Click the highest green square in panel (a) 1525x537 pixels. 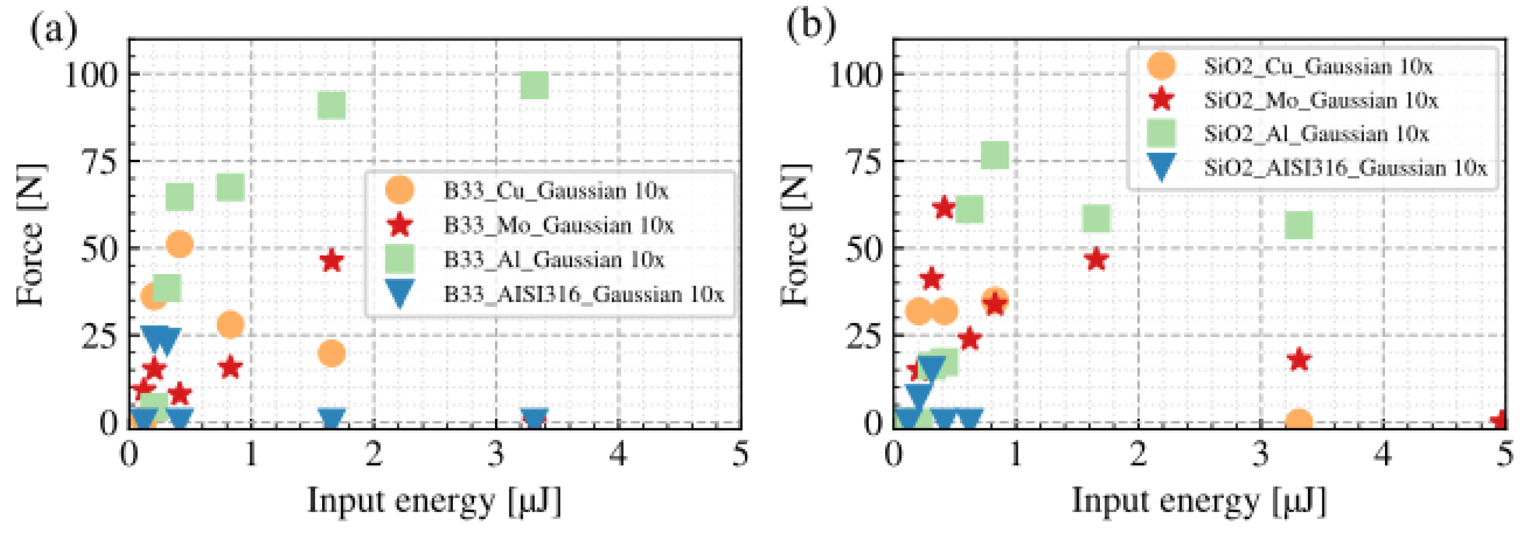pos(534,86)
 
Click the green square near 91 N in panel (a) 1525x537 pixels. pos(332,106)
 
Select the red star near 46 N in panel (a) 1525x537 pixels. pos(332,261)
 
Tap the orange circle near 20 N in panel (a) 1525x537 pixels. pos(332,354)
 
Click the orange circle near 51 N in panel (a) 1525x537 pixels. pos(179,244)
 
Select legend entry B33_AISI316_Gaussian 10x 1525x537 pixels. pos(583,294)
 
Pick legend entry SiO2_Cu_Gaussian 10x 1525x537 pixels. pos(1318,66)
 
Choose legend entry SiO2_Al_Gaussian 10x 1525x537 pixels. pos(1316,134)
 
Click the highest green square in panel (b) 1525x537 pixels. pos(994,155)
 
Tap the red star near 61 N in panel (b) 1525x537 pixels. pos(944,208)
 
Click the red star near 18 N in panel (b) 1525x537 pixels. pos(1299,359)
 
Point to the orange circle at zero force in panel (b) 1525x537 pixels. pos(1299,421)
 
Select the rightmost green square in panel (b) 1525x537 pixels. pos(1299,225)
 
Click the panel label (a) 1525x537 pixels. pos(53,30)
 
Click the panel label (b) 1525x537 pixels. pos(811,27)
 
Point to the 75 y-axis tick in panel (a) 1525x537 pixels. pos(100,161)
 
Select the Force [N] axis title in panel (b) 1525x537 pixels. pos(795,235)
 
